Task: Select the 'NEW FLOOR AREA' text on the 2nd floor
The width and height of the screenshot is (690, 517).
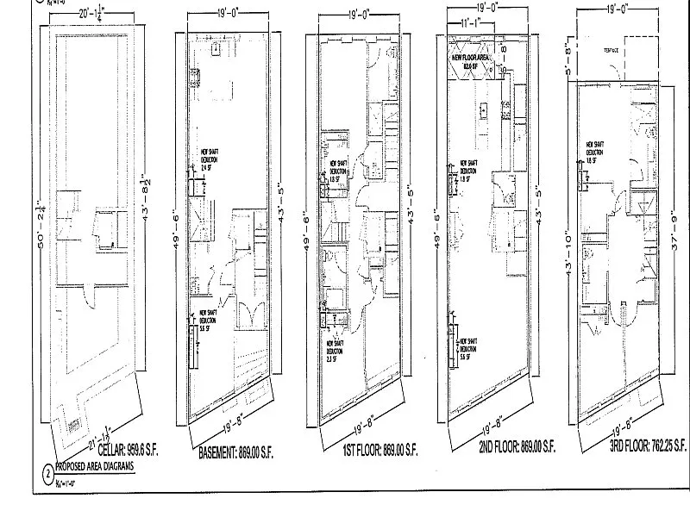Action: click(x=467, y=59)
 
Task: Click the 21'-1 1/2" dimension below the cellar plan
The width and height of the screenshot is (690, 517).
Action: click(x=107, y=427)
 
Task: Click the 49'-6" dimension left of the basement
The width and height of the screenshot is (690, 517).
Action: click(x=178, y=229)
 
